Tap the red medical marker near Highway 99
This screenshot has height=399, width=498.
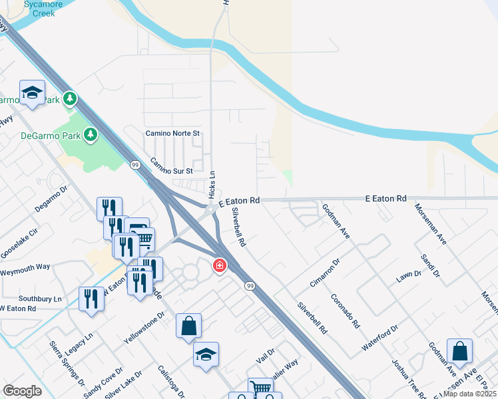[218, 267]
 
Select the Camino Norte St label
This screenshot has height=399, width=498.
[173, 134]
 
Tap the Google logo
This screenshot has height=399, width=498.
[22, 391]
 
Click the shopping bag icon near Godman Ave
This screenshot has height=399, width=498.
[459, 350]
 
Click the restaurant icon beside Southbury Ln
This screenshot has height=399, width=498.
[91, 299]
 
